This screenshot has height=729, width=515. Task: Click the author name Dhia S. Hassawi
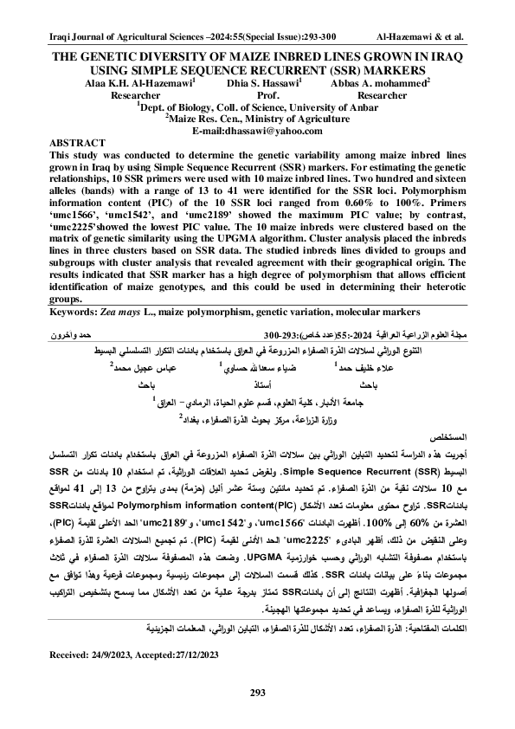click(x=259, y=81)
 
